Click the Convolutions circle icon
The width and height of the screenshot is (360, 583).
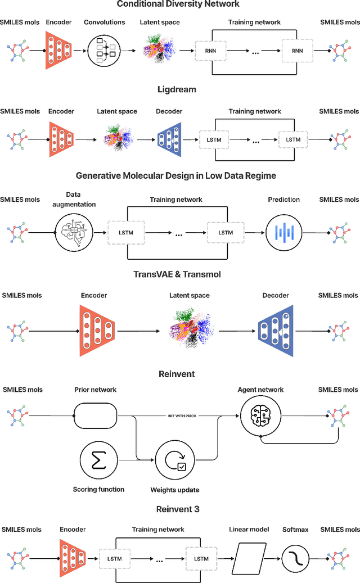tap(103, 51)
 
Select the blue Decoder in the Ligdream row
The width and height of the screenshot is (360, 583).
tap(169, 139)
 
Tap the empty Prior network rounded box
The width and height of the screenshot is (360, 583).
tap(95, 417)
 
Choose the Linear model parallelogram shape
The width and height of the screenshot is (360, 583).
tap(249, 559)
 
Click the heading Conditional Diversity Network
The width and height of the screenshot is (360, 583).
tap(178, 4)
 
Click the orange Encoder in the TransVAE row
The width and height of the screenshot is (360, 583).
tap(96, 330)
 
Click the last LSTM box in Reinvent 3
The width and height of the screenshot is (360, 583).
tap(201, 558)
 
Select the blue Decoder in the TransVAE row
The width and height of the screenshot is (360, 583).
tap(276, 331)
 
